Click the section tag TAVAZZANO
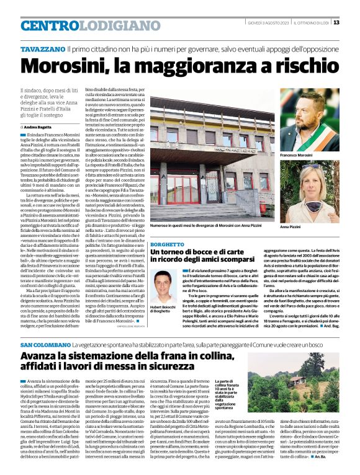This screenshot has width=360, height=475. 41,48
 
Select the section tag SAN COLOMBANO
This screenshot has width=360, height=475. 44,345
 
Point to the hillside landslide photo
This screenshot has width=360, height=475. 308,383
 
